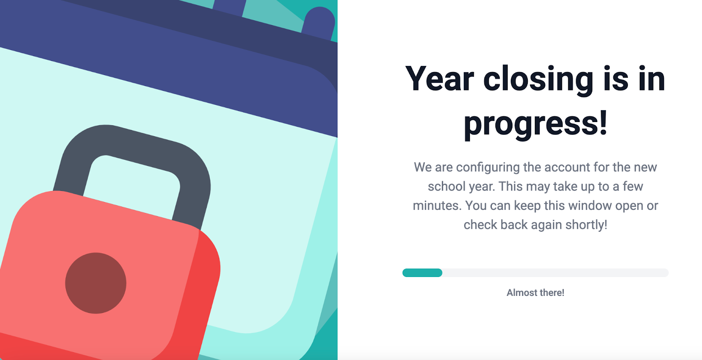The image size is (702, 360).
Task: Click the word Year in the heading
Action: coord(439,79)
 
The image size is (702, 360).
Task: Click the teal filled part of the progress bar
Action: coord(422,273)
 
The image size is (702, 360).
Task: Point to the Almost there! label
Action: coord(535,292)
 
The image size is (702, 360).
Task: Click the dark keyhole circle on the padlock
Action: coord(96,283)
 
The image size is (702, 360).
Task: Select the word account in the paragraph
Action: coord(567,167)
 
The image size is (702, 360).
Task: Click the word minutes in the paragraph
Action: coord(437,206)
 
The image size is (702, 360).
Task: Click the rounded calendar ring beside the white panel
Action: coord(319,23)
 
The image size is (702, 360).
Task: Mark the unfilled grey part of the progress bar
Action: coord(555,273)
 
